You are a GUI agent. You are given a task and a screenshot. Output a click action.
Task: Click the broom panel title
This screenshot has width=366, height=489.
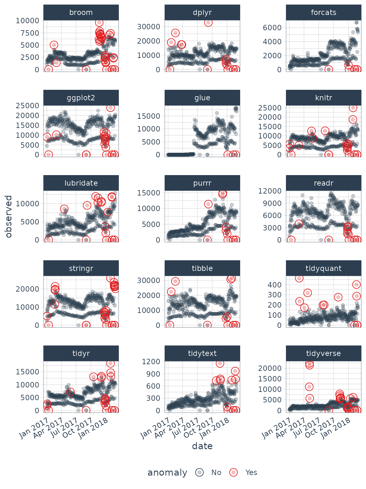(x=81, y=12)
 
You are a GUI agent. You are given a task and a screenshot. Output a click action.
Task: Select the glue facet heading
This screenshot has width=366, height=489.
(x=202, y=98)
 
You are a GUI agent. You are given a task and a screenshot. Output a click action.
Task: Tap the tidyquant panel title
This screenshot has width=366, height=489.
(x=323, y=268)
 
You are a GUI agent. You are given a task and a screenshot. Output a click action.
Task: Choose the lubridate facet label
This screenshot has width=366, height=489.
(x=81, y=183)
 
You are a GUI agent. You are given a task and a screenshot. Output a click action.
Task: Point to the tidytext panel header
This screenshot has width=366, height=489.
(x=202, y=353)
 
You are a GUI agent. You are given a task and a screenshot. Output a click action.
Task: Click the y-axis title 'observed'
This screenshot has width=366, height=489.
(x=9, y=216)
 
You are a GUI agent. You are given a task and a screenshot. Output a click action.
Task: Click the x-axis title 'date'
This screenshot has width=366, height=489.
(x=202, y=446)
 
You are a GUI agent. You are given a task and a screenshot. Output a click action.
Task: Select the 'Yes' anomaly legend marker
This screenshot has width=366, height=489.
(x=234, y=472)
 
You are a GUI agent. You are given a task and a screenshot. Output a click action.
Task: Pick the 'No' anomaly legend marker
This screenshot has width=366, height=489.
(x=200, y=472)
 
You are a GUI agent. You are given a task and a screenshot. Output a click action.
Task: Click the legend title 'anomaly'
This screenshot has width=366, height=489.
(x=167, y=473)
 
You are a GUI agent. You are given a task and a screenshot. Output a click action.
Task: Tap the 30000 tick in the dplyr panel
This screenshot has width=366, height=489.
(x=148, y=27)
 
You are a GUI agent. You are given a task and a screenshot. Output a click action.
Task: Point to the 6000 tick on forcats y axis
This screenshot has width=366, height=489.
(x=272, y=28)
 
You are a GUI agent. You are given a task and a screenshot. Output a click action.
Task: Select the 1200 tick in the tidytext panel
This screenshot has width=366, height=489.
(x=151, y=362)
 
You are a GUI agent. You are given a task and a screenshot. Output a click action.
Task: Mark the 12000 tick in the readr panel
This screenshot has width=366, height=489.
(x=270, y=191)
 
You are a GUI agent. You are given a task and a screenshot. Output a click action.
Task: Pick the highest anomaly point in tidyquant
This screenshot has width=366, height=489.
(x=299, y=278)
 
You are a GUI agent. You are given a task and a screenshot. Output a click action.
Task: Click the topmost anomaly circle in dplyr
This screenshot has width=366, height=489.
(x=208, y=23)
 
